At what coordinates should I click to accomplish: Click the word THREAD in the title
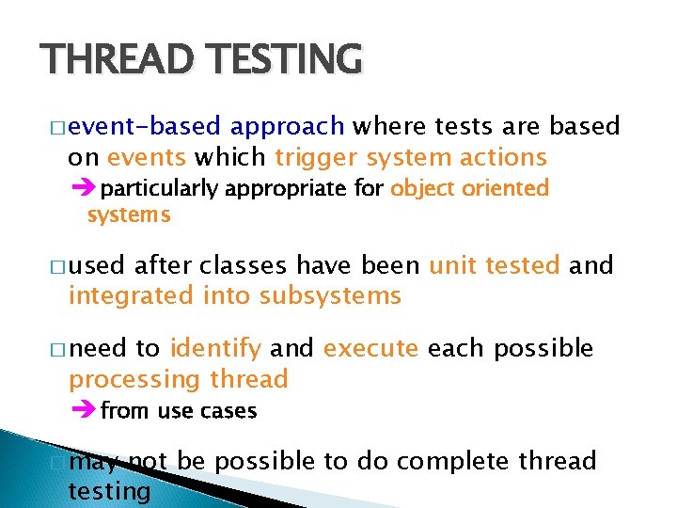[x=106, y=58]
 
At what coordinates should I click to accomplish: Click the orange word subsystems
[x=330, y=296]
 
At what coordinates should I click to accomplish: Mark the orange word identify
[x=215, y=348]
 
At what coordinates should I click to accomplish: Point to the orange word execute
[x=370, y=348]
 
